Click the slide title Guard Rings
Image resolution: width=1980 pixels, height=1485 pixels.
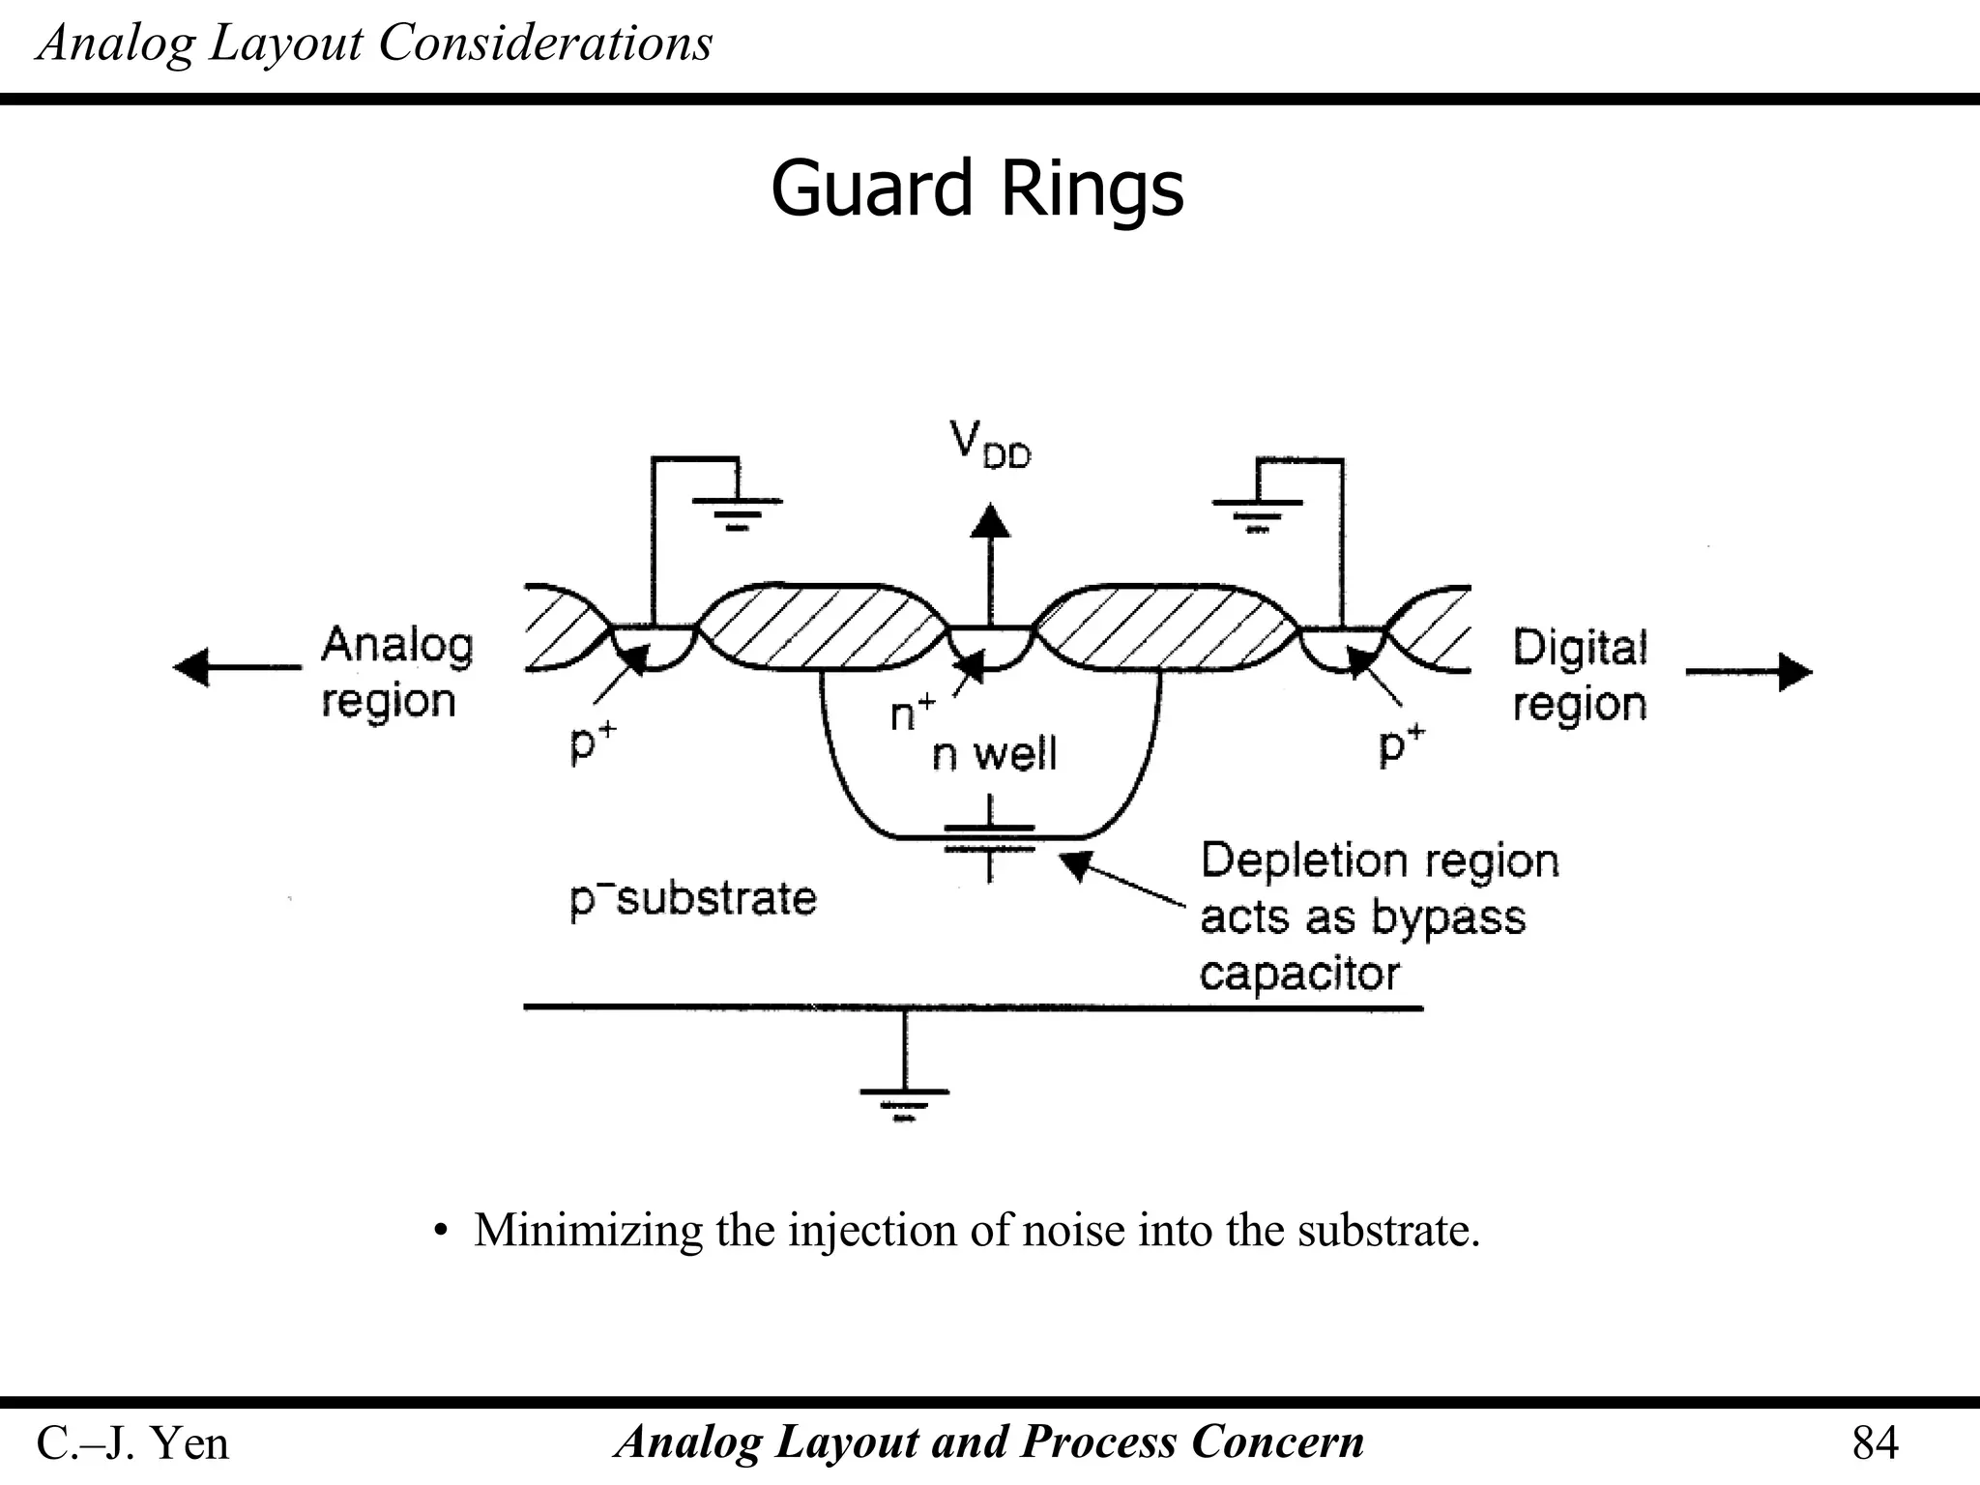[x=976, y=188]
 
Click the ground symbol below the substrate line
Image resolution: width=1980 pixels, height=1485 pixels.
[x=904, y=1102]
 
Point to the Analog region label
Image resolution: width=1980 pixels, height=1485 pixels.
[x=396, y=672]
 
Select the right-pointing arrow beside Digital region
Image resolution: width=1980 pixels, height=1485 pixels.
[x=1794, y=672]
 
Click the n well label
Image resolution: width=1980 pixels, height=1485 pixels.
[x=994, y=754]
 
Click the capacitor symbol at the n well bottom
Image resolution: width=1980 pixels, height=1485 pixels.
[x=989, y=838]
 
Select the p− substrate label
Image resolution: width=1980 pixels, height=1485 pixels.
[x=692, y=899]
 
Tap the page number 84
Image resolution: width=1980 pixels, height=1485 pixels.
[x=1875, y=1443]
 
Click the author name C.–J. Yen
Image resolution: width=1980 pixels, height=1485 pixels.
[x=132, y=1443]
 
